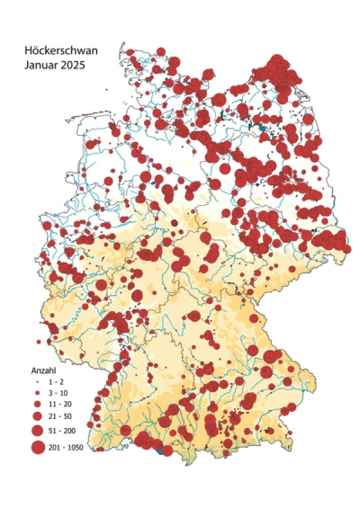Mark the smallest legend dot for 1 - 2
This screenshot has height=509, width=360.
38,382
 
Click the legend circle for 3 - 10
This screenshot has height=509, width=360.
38,394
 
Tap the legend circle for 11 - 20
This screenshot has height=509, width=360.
38,406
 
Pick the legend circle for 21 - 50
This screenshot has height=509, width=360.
38,417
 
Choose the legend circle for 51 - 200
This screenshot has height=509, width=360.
38,432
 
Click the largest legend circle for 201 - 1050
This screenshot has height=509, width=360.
38,447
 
